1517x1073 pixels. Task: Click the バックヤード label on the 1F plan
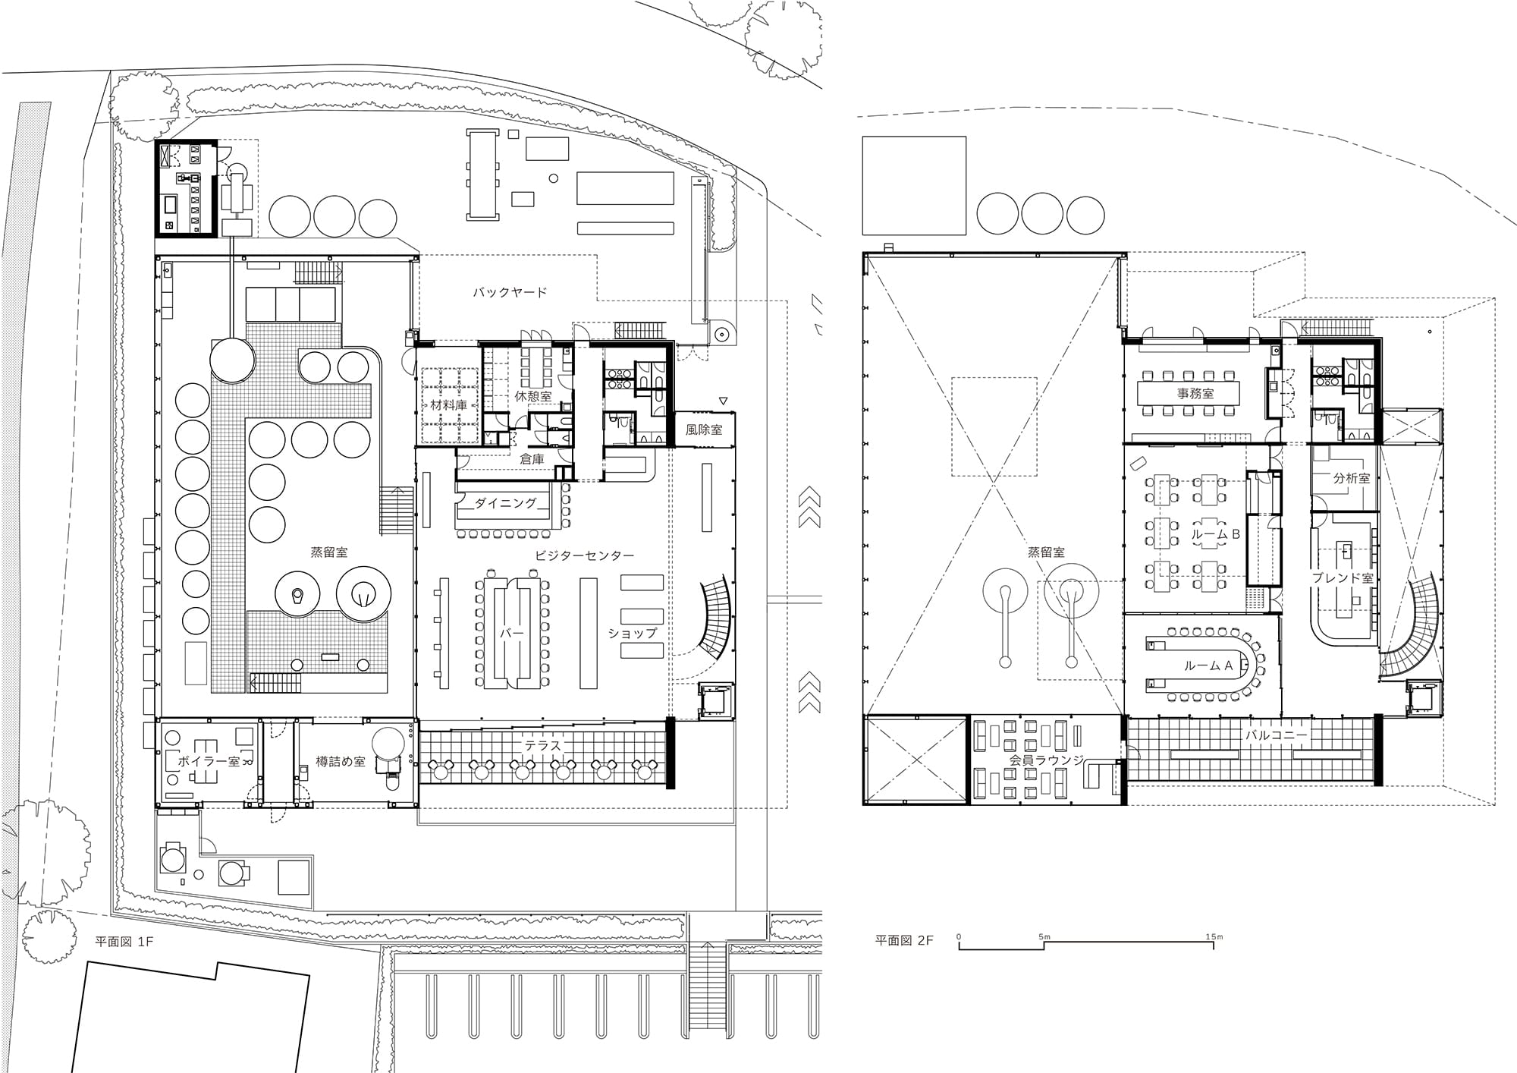[510, 292]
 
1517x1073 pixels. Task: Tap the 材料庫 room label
[449, 404]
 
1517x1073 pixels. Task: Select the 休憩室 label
[533, 396]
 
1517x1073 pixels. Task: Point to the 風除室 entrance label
[704, 430]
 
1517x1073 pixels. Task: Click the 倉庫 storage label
[532, 459]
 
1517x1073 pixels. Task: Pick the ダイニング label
[506, 502]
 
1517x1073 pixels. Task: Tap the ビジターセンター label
[584, 555]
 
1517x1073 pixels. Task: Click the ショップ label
[633, 632]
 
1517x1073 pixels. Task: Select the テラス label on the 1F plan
[543, 746]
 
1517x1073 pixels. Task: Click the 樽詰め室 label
[341, 761]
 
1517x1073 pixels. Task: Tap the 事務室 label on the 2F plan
[1195, 393]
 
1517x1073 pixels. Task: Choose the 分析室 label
[1352, 478]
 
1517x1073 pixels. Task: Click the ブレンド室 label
[1343, 577]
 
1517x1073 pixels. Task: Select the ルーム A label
[1208, 666]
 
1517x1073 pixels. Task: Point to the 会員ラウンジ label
[1047, 760]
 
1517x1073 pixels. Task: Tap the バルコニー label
[1277, 735]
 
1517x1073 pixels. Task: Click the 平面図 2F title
[904, 940]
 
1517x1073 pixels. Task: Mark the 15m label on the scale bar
[1214, 936]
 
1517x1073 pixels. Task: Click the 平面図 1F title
[124, 942]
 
